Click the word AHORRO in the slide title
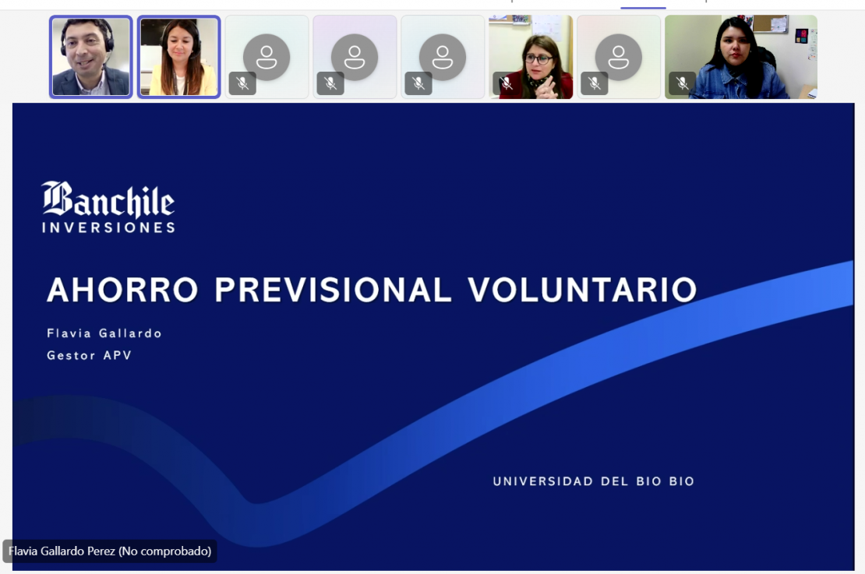pyautogui.click(x=122, y=290)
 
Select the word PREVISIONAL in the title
pyautogui.click(x=334, y=290)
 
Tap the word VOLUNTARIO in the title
pyautogui.click(x=583, y=290)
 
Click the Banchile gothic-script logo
pyautogui.click(x=108, y=199)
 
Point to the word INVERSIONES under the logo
pyautogui.click(x=108, y=227)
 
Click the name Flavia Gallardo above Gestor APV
pyautogui.click(x=104, y=333)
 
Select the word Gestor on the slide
pyautogui.click(x=71, y=356)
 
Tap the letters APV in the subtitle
pyautogui.click(x=118, y=356)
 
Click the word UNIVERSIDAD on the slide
pyautogui.click(x=543, y=481)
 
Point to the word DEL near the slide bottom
pyautogui.click(x=615, y=481)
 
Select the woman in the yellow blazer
pyautogui.click(x=178, y=58)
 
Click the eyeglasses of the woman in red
pyautogui.click(x=538, y=58)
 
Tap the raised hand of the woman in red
pyautogui.click(x=547, y=87)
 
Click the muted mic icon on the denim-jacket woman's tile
pyautogui.click(x=683, y=83)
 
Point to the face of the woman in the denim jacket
pyautogui.click(x=736, y=49)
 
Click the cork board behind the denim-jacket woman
pyautogui.click(x=771, y=24)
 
